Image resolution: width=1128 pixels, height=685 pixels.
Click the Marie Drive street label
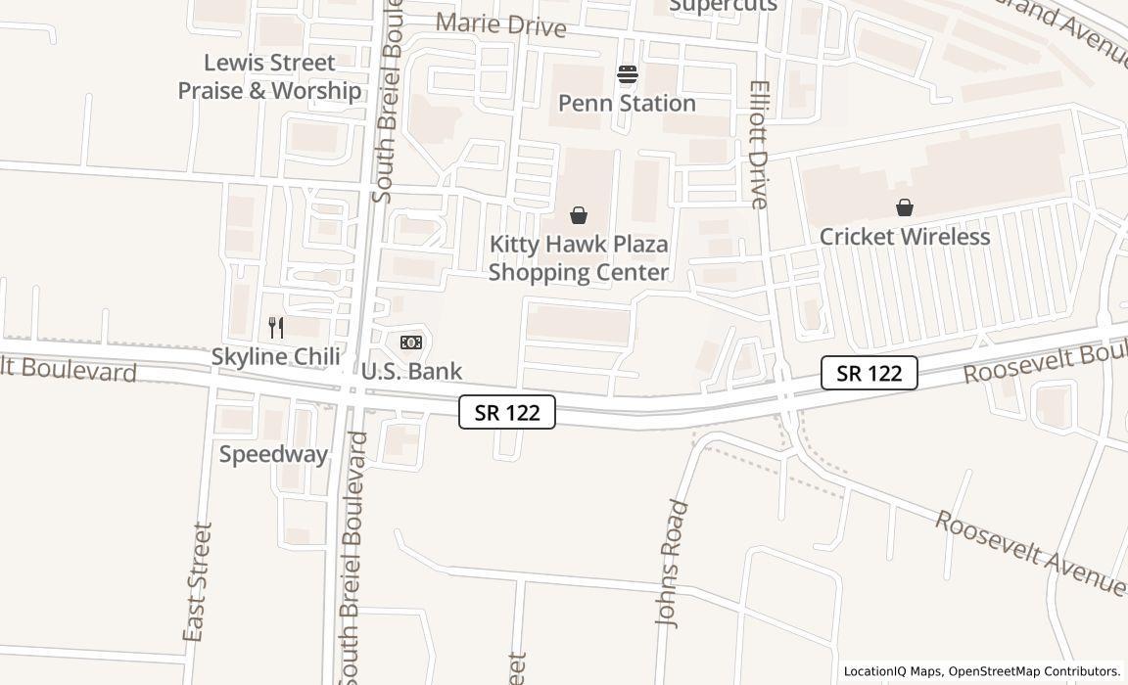pos(500,24)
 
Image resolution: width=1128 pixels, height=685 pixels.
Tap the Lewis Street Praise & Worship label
pos(269,76)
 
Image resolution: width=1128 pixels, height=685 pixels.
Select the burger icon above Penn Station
pos(627,74)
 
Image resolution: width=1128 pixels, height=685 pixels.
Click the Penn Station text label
pos(627,103)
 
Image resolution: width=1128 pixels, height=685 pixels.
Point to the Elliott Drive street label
pos(760,145)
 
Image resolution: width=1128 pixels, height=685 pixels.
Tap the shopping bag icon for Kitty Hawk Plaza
pos(579,215)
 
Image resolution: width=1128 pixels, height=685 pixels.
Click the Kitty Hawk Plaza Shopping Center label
pos(579,258)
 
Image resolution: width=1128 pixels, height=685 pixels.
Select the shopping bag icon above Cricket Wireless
pos(905,207)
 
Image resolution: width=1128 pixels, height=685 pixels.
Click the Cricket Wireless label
pos(905,237)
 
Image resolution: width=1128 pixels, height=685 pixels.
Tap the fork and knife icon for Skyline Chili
pos(276,328)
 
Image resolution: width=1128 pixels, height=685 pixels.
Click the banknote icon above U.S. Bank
pos(411,342)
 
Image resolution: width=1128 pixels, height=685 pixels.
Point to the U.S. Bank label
pos(411,371)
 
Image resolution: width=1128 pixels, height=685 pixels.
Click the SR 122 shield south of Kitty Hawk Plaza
pos(507,412)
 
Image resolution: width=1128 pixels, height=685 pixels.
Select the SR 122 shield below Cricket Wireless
pos(869,373)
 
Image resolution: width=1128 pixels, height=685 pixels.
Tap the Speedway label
pos(273,454)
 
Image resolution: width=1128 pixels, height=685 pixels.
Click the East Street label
pos(198,581)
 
